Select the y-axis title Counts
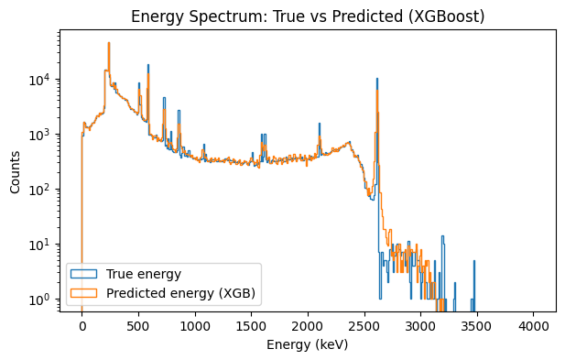point(16,171)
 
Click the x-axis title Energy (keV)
point(308,345)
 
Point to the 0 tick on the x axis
point(81,325)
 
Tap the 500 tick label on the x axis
point(138,325)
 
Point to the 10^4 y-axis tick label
point(43,80)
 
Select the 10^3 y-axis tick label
point(43,135)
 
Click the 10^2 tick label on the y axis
point(43,190)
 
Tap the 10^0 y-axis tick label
point(43,300)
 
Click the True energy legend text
point(143,274)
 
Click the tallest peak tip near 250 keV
point(109,43)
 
